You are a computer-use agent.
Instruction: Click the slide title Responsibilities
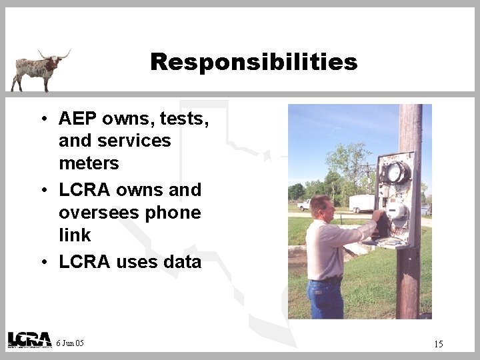point(254,62)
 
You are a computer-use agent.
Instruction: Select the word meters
point(89,163)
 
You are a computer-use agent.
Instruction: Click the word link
point(75,235)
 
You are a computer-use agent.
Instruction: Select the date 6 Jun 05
point(70,343)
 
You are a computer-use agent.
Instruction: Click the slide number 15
point(438,344)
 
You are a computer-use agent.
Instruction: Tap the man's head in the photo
point(321,207)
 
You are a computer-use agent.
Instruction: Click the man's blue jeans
point(325,299)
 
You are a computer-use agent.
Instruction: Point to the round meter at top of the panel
point(397,173)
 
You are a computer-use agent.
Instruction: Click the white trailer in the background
point(361,203)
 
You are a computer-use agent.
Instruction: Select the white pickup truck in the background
point(305,205)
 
